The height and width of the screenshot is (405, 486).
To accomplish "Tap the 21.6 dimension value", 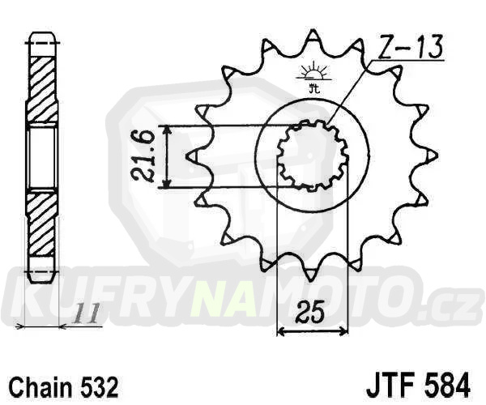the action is pyautogui.click(x=143, y=156).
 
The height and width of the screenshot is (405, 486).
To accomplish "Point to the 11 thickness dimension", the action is pyautogui.click(x=85, y=313).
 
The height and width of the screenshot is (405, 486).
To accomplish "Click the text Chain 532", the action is pyautogui.click(x=64, y=387).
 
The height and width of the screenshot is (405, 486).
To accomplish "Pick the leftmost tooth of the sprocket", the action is pyautogui.click(x=192, y=156).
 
